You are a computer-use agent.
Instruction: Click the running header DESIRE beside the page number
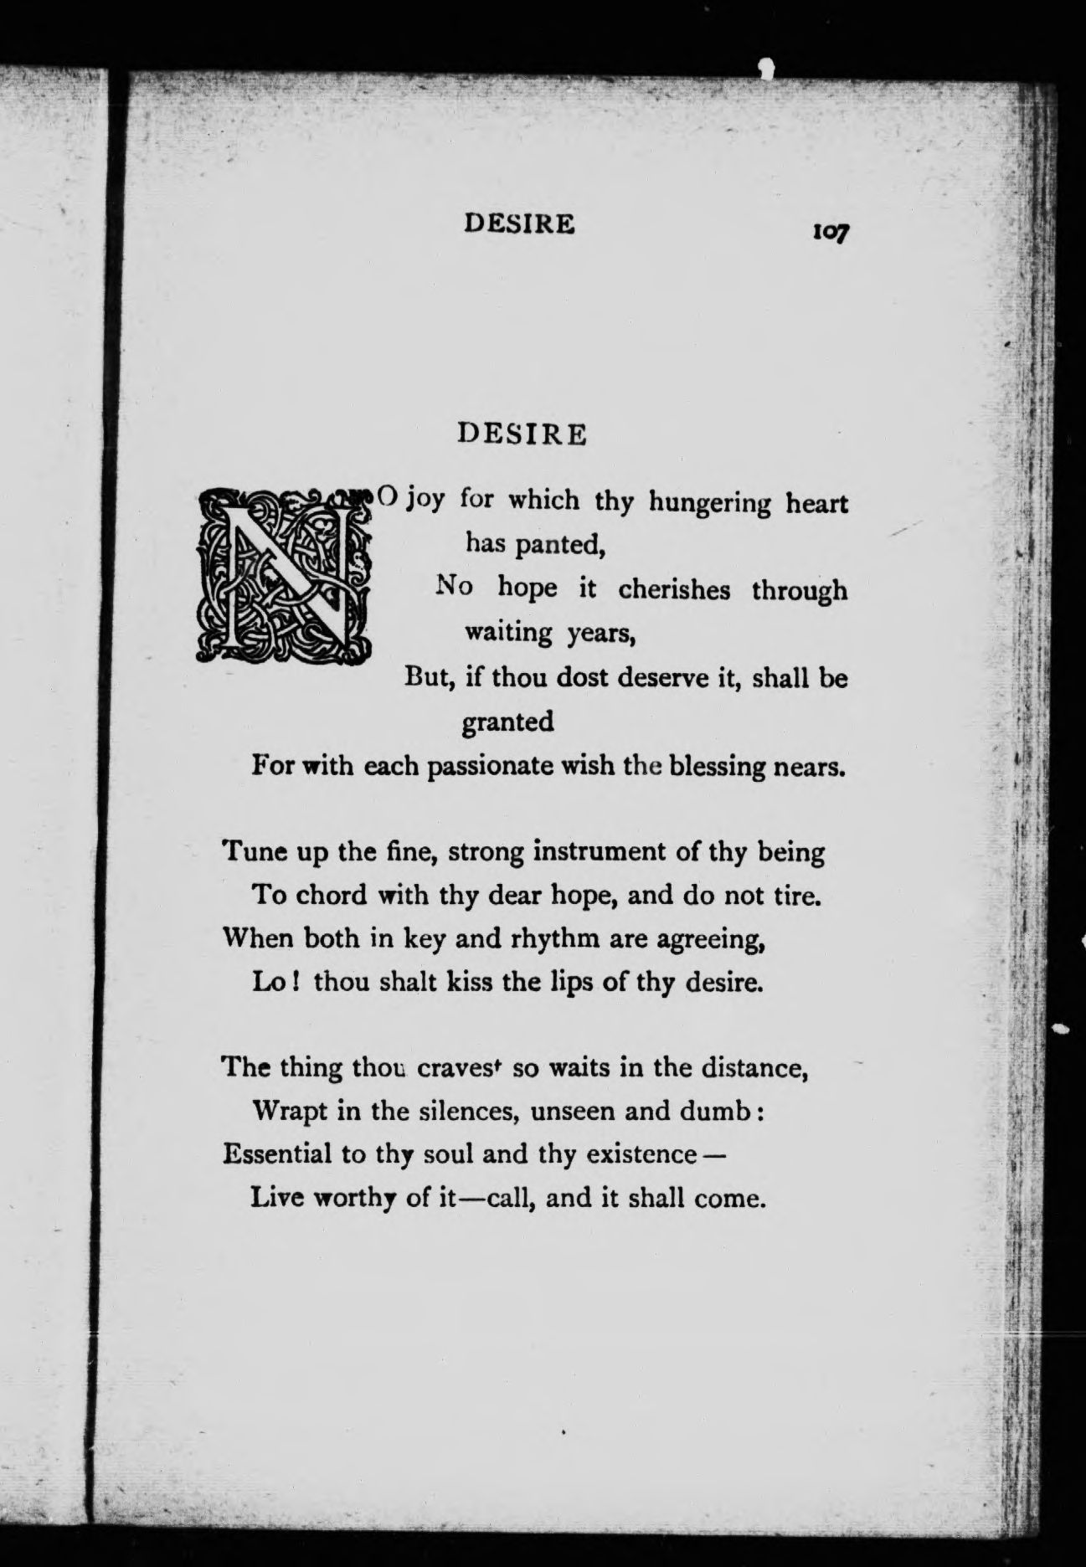click(520, 223)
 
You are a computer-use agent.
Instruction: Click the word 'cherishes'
click(675, 589)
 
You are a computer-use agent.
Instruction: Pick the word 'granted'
click(508, 721)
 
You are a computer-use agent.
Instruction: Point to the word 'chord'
click(333, 895)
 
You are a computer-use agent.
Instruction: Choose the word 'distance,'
click(753, 1068)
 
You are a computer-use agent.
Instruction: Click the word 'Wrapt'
click(289, 1112)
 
